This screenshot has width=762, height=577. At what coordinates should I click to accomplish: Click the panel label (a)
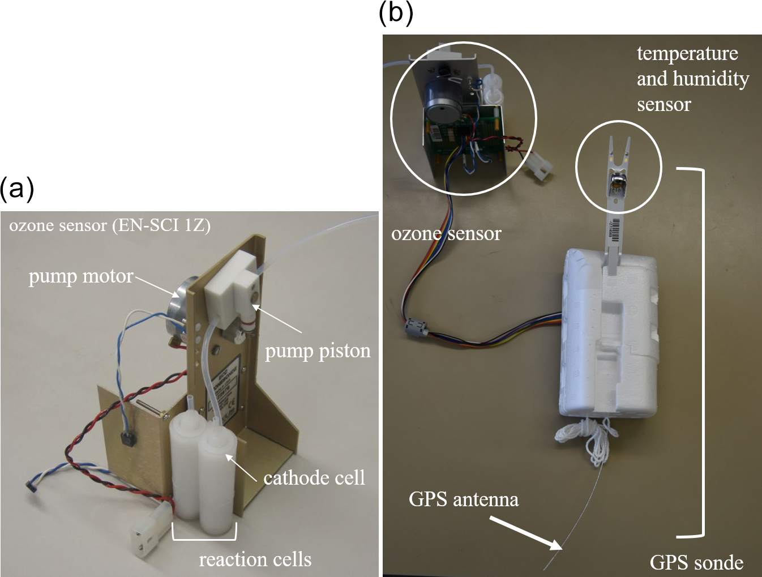click(x=17, y=189)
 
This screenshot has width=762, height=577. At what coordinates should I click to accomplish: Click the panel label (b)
click(x=396, y=12)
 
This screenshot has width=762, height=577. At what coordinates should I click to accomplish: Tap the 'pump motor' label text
click(x=81, y=276)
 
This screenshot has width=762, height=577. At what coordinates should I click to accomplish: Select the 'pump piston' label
click(x=318, y=351)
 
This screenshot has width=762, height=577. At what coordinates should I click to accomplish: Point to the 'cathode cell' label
click(x=314, y=478)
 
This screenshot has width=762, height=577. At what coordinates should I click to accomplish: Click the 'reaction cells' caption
click(x=255, y=559)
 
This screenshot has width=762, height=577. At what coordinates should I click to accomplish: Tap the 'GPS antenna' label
click(x=464, y=499)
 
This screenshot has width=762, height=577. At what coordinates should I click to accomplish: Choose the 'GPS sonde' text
click(x=696, y=562)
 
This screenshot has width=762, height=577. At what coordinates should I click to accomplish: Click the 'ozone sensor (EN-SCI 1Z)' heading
click(x=110, y=225)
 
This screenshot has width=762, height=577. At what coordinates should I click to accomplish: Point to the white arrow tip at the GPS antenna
click(x=560, y=548)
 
